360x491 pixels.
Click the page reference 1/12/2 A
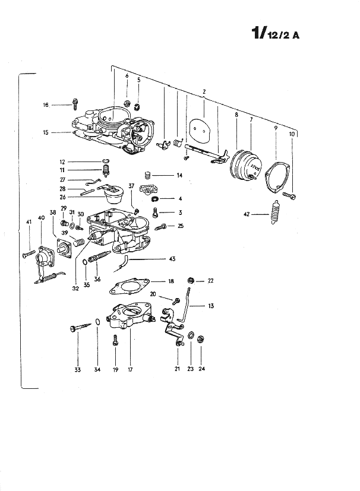pyautogui.click(x=276, y=33)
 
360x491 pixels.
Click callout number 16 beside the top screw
pyautogui.click(x=46, y=105)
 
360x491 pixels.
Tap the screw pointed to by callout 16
pyautogui.click(x=75, y=104)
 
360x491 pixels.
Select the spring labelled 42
pyautogui.click(x=275, y=212)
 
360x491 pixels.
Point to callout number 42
pyautogui.click(x=247, y=214)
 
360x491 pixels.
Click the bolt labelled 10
pyautogui.click(x=289, y=195)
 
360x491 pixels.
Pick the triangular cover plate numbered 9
pyautogui.click(x=278, y=176)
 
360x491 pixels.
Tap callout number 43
pyautogui.click(x=172, y=259)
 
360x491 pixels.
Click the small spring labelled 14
pyautogui.click(x=148, y=175)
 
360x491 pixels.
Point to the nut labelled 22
pyautogui.click(x=191, y=281)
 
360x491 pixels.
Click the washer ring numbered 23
pyautogui.click(x=191, y=335)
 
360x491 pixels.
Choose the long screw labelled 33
pyautogui.click(x=81, y=327)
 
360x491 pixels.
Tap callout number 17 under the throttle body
pyautogui.click(x=130, y=369)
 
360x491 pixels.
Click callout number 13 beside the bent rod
pyautogui.click(x=210, y=306)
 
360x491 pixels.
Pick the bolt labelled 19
pyautogui.click(x=115, y=340)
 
